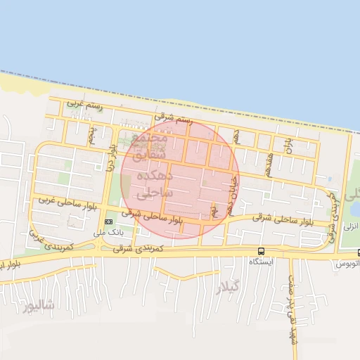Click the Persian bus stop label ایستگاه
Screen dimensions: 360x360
[x=261, y=261]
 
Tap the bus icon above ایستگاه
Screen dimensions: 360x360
[x=262, y=251]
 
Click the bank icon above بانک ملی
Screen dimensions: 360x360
[x=108, y=221]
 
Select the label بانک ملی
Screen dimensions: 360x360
[x=108, y=231]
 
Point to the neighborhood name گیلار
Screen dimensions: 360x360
[x=229, y=286]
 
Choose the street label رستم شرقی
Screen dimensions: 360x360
[x=172, y=120]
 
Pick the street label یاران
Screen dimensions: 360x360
[x=288, y=146]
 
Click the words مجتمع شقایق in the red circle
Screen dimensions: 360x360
[x=150, y=146]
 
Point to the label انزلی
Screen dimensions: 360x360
[x=350, y=226]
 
